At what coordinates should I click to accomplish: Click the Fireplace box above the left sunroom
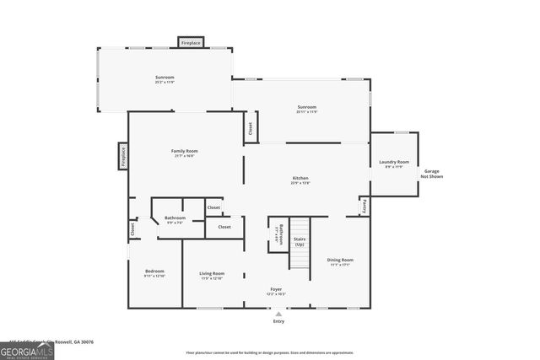point(191,42)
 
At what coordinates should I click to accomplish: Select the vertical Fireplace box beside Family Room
point(123,156)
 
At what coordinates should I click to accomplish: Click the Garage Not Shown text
point(431,174)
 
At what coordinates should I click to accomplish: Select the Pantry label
point(364,204)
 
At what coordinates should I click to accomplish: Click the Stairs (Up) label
point(300,242)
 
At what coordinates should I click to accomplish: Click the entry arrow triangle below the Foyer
point(278,314)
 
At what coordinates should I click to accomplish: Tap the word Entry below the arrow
point(278,321)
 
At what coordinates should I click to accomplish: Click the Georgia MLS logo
point(27,350)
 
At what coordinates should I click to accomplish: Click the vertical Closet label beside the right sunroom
point(250,128)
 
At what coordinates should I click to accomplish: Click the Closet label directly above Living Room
point(224,227)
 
